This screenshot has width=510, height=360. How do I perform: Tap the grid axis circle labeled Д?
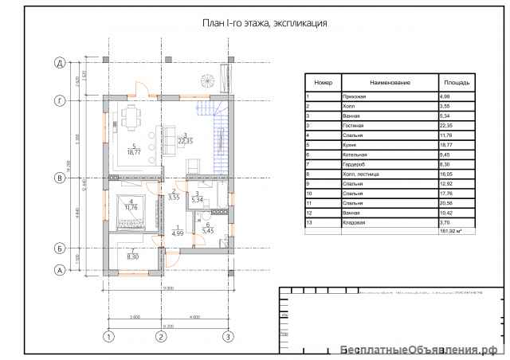click(58, 61)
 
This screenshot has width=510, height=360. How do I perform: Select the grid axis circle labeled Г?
click(58, 100)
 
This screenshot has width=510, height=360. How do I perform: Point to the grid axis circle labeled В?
click(58, 178)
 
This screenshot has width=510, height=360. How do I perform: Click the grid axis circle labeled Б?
click(58, 248)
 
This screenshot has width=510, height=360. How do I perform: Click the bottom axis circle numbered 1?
click(106, 337)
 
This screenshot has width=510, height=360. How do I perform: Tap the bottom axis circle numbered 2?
click(161, 337)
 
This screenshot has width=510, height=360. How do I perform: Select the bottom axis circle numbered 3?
click(228, 337)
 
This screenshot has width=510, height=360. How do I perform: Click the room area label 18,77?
click(133, 151)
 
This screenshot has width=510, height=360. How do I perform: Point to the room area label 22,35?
click(184, 140)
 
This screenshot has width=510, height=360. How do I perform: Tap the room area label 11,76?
click(129, 207)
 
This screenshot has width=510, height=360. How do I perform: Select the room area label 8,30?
click(132, 256)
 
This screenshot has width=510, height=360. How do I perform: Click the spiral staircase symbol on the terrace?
click(207, 80)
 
